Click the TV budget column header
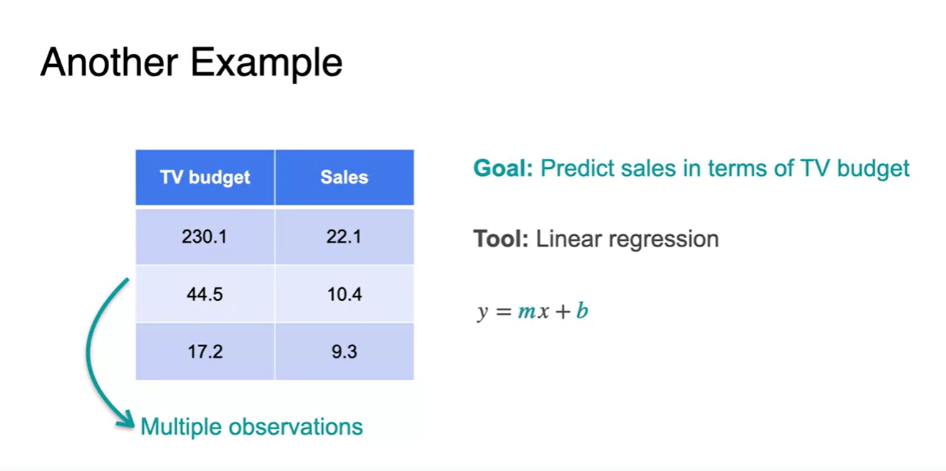coord(205,177)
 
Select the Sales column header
coord(344,177)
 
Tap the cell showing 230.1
coord(205,237)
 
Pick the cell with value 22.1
coord(344,237)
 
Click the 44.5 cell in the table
coord(205,294)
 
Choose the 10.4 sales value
coord(344,294)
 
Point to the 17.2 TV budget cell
coord(205,351)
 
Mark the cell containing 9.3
coord(344,351)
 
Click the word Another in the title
coord(109,63)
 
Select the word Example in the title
coord(267,64)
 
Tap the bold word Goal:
coord(503,168)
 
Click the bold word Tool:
coord(501,239)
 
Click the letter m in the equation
coord(527,312)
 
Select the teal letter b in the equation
coord(582,311)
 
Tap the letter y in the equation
coord(483,314)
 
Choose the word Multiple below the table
coord(181,428)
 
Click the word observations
coord(296,427)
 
